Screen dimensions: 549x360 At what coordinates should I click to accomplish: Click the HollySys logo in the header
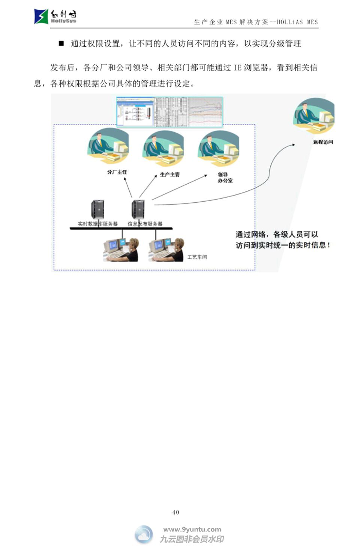coord(55,16)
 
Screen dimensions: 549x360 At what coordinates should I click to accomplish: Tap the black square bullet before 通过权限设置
coord(61,43)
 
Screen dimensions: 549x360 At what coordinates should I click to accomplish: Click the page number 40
coord(175,512)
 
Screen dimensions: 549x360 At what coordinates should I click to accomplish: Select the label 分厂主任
coord(117,172)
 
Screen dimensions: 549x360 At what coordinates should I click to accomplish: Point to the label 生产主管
coord(169,175)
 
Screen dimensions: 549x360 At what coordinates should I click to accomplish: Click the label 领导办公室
coord(225,178)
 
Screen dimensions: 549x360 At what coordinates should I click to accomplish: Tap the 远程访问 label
coord(323,142)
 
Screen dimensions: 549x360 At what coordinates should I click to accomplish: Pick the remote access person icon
coord(313,116)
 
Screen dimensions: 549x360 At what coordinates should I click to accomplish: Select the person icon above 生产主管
coord(163,148)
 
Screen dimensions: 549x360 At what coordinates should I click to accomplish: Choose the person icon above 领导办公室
coord(219,148)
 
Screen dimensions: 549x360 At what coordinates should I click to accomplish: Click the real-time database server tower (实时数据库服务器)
coord(97,209)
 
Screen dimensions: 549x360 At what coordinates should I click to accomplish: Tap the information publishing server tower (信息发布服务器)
coord(138,209)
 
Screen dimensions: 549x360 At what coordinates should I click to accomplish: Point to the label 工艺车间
coord(197,257)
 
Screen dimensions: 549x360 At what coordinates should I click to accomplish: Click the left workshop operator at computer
coord(121,250)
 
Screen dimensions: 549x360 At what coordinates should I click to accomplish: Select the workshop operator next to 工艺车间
coord(166,250)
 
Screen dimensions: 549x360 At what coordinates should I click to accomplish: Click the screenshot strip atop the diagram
coord(169,112)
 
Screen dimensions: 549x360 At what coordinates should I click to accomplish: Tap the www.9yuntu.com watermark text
coord(192,530)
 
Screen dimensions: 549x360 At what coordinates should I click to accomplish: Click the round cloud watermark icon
coord(144,534)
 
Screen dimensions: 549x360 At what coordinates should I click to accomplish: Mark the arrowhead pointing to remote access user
coord(293,145)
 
